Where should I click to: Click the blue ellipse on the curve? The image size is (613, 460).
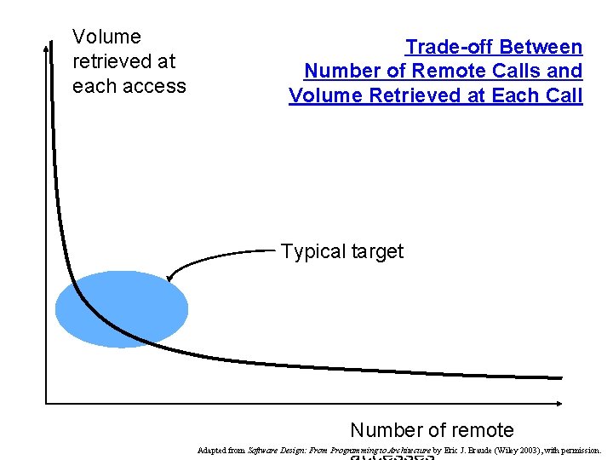(121, 308)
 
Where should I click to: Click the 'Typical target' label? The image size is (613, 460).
(342, 251)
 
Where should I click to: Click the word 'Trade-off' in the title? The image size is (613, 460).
(450, 47)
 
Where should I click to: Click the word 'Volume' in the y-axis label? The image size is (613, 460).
(106, 37)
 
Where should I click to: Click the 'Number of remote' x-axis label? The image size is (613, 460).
(432, 430)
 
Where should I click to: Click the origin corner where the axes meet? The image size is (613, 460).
(46, 402)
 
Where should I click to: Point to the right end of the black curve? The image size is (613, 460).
(560, 377)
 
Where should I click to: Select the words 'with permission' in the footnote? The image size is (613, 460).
(578, 450)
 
